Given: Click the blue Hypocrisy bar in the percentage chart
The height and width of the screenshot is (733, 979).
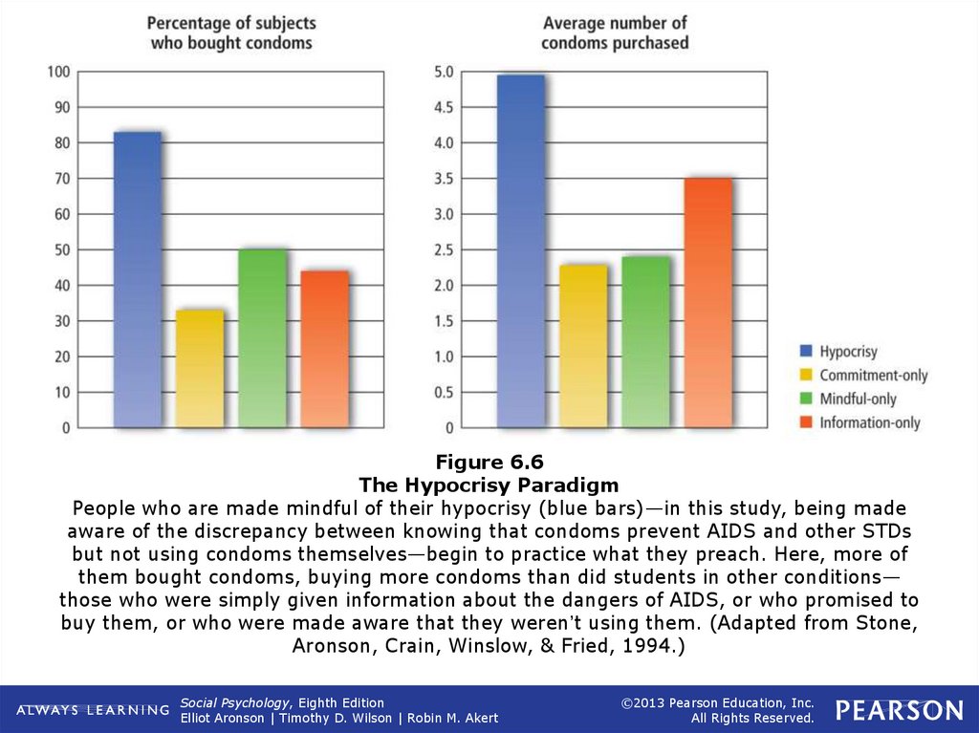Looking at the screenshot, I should tap(137, 279).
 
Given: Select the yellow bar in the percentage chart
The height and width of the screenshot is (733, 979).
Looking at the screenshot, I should tap(200, 368).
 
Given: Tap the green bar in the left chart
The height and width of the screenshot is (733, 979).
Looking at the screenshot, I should tap(262, 338).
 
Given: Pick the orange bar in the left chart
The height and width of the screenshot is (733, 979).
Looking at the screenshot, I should tap(325, 349).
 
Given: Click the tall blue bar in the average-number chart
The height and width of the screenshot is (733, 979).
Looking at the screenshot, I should tap(521, 251).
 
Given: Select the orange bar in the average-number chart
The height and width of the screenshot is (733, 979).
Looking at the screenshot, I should tap(708, 302).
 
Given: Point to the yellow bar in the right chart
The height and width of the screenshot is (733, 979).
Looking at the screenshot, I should tap(583, 346).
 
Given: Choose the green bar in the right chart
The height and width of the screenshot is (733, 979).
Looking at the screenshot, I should tap(645, 341).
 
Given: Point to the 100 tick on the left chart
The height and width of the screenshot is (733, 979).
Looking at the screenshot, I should tap(58, 72).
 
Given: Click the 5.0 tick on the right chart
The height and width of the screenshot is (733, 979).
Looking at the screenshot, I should tap(444, 72).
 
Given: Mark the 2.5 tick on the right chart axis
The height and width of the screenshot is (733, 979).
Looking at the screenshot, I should tap(444, 250).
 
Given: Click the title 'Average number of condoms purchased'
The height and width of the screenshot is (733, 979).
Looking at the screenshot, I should tap(615, 33).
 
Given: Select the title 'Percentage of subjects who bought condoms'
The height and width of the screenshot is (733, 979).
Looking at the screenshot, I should tap(230, 33).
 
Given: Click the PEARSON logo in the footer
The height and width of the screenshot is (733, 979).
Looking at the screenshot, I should tap(899, 709).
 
